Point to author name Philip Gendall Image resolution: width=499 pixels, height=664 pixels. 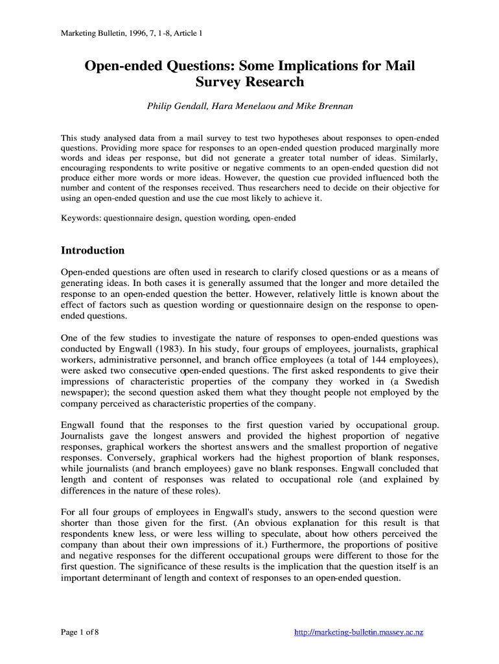tap(176, 106)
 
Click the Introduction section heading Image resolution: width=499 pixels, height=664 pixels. tap(93, 250)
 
